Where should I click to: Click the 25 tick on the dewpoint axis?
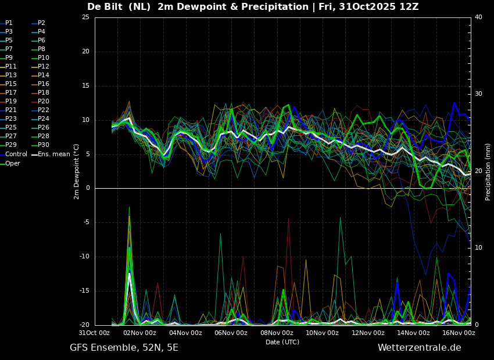(x=86, y=17)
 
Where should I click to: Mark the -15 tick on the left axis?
(x=85, y=291)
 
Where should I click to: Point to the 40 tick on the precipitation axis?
(x=478, y=17)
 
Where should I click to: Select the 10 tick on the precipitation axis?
(x=478, y=248)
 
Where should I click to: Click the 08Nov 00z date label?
(x=277, y=333)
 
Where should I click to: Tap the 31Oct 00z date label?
(x=95, y=333)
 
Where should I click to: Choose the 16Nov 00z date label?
(x=459, y=333)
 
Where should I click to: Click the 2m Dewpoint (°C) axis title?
(x=76, y=172)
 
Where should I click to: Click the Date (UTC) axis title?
(x=282, y=342)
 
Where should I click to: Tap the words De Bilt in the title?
(x=105, y=6)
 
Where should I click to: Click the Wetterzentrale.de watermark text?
(x=420, y=348)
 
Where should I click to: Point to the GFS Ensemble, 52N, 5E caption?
(x=124, y=348)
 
